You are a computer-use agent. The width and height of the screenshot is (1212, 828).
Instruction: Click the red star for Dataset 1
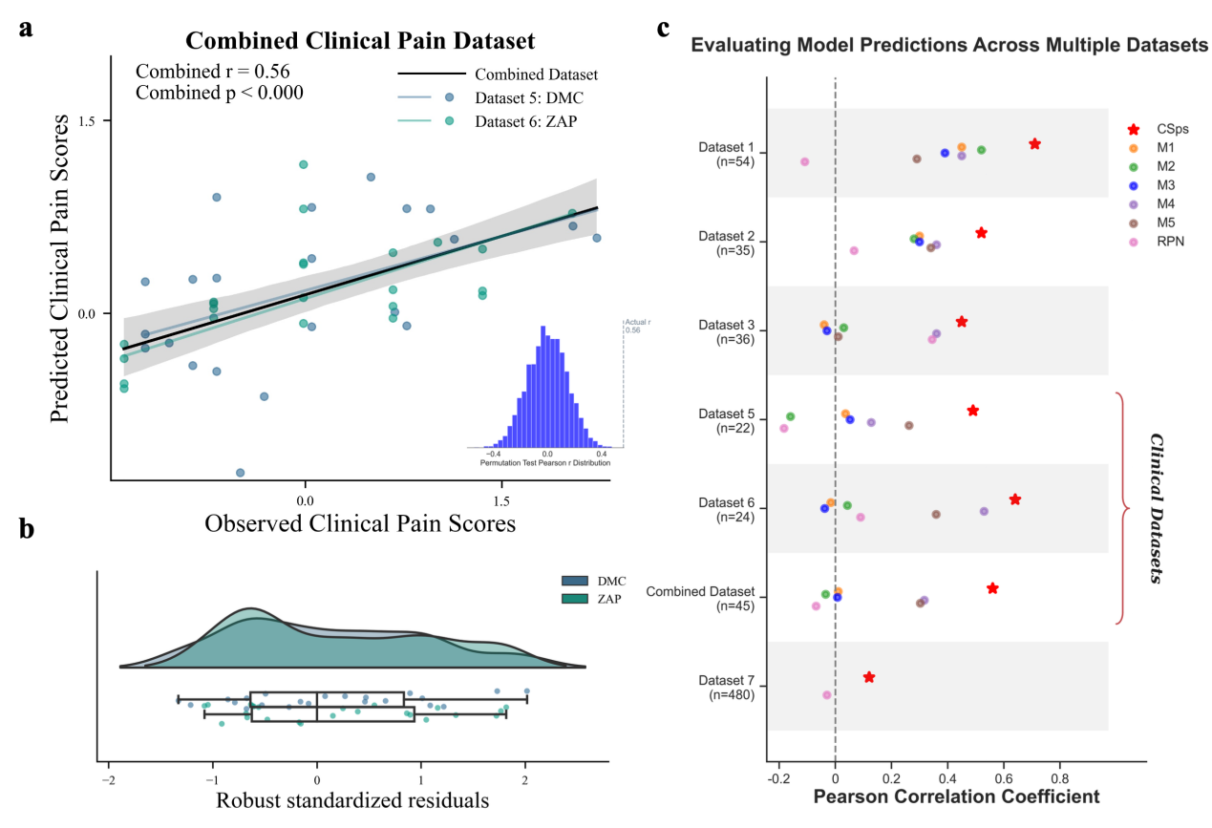1034,144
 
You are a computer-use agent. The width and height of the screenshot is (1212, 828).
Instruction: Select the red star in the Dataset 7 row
869,677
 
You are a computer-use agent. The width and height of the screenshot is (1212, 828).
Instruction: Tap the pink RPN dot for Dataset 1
804,162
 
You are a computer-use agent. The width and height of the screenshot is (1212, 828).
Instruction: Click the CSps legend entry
1156,128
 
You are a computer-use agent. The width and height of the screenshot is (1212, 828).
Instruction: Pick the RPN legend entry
1156,242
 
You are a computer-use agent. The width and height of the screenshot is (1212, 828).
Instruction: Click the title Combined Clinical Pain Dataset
359,41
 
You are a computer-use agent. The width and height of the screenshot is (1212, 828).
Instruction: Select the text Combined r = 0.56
213,72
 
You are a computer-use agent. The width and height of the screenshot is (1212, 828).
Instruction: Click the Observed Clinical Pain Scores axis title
360,523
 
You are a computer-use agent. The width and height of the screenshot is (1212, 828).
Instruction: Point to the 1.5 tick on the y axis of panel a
90,121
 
